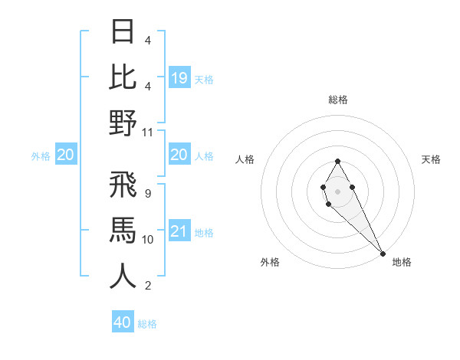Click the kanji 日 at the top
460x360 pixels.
[123, 31]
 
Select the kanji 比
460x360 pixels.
[123, 77]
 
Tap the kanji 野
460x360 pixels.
[123, 123]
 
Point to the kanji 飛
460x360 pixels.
[123, 184]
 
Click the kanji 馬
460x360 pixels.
[123, 230]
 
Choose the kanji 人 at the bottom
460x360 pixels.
[123, 276]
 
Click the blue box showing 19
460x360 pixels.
[179, 77]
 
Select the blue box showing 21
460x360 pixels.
[179, 231]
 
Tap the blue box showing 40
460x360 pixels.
[123, 322]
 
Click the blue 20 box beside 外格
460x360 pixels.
[66, 155]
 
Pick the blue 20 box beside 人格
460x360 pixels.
[179, 155]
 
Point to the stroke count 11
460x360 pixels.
[148, 132]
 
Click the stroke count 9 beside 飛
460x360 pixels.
[147, 193]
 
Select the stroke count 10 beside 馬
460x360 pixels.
[148, 239]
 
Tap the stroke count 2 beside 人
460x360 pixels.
[147, 286]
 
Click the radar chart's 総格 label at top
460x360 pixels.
[337, 100]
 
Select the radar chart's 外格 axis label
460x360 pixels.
[270, 262]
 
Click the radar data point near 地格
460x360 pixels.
[383, 254]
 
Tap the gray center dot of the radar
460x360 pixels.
[337, 190]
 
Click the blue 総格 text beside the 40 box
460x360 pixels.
[147, 324]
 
